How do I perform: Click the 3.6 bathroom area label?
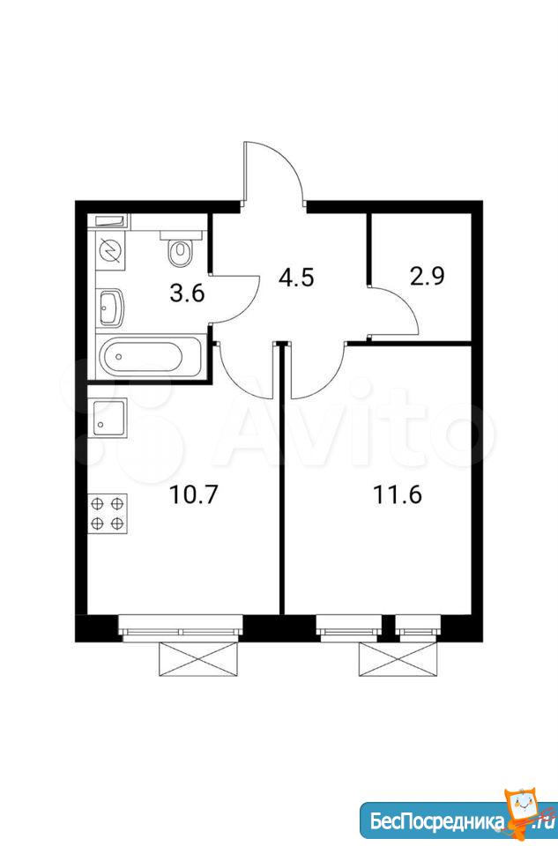tap(187, 294)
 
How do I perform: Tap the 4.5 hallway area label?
tap(295, 278)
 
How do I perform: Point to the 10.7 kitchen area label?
tap(193, 494)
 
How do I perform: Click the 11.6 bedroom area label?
tap(398, 494)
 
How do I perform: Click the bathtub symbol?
tap(149, 355)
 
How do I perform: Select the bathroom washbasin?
tap(111, 307)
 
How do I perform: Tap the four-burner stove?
tap(108, 513)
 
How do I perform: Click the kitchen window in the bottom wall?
tap(181, 628)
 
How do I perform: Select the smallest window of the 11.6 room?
tap(418, 628)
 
